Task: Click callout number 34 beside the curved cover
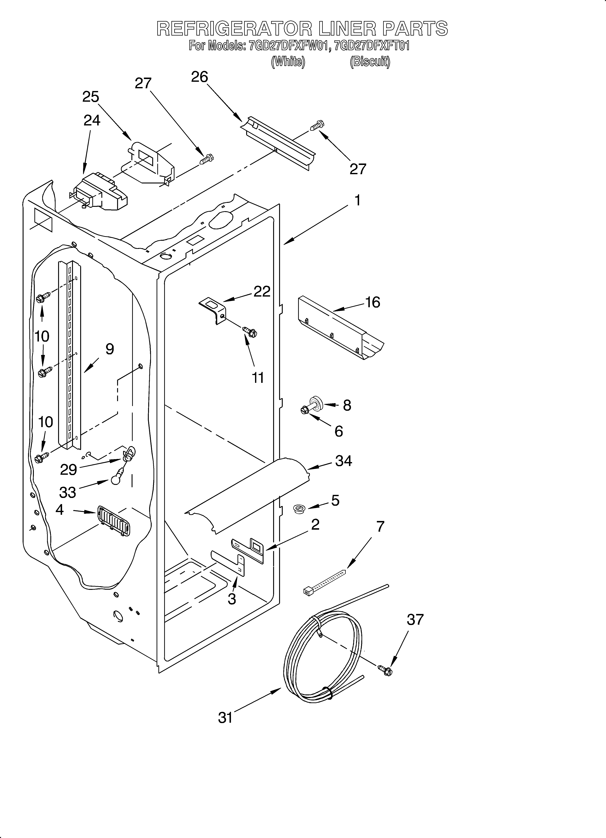[343, 461]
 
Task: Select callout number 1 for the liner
[357, 201]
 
